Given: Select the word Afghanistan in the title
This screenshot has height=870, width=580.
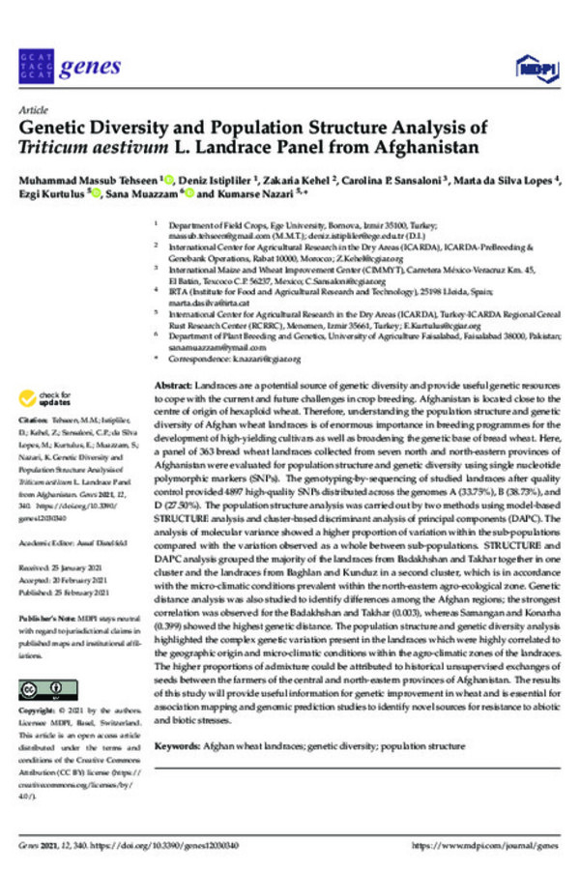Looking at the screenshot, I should [424, 149].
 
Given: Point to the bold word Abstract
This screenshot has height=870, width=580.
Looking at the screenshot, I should [172, 385].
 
